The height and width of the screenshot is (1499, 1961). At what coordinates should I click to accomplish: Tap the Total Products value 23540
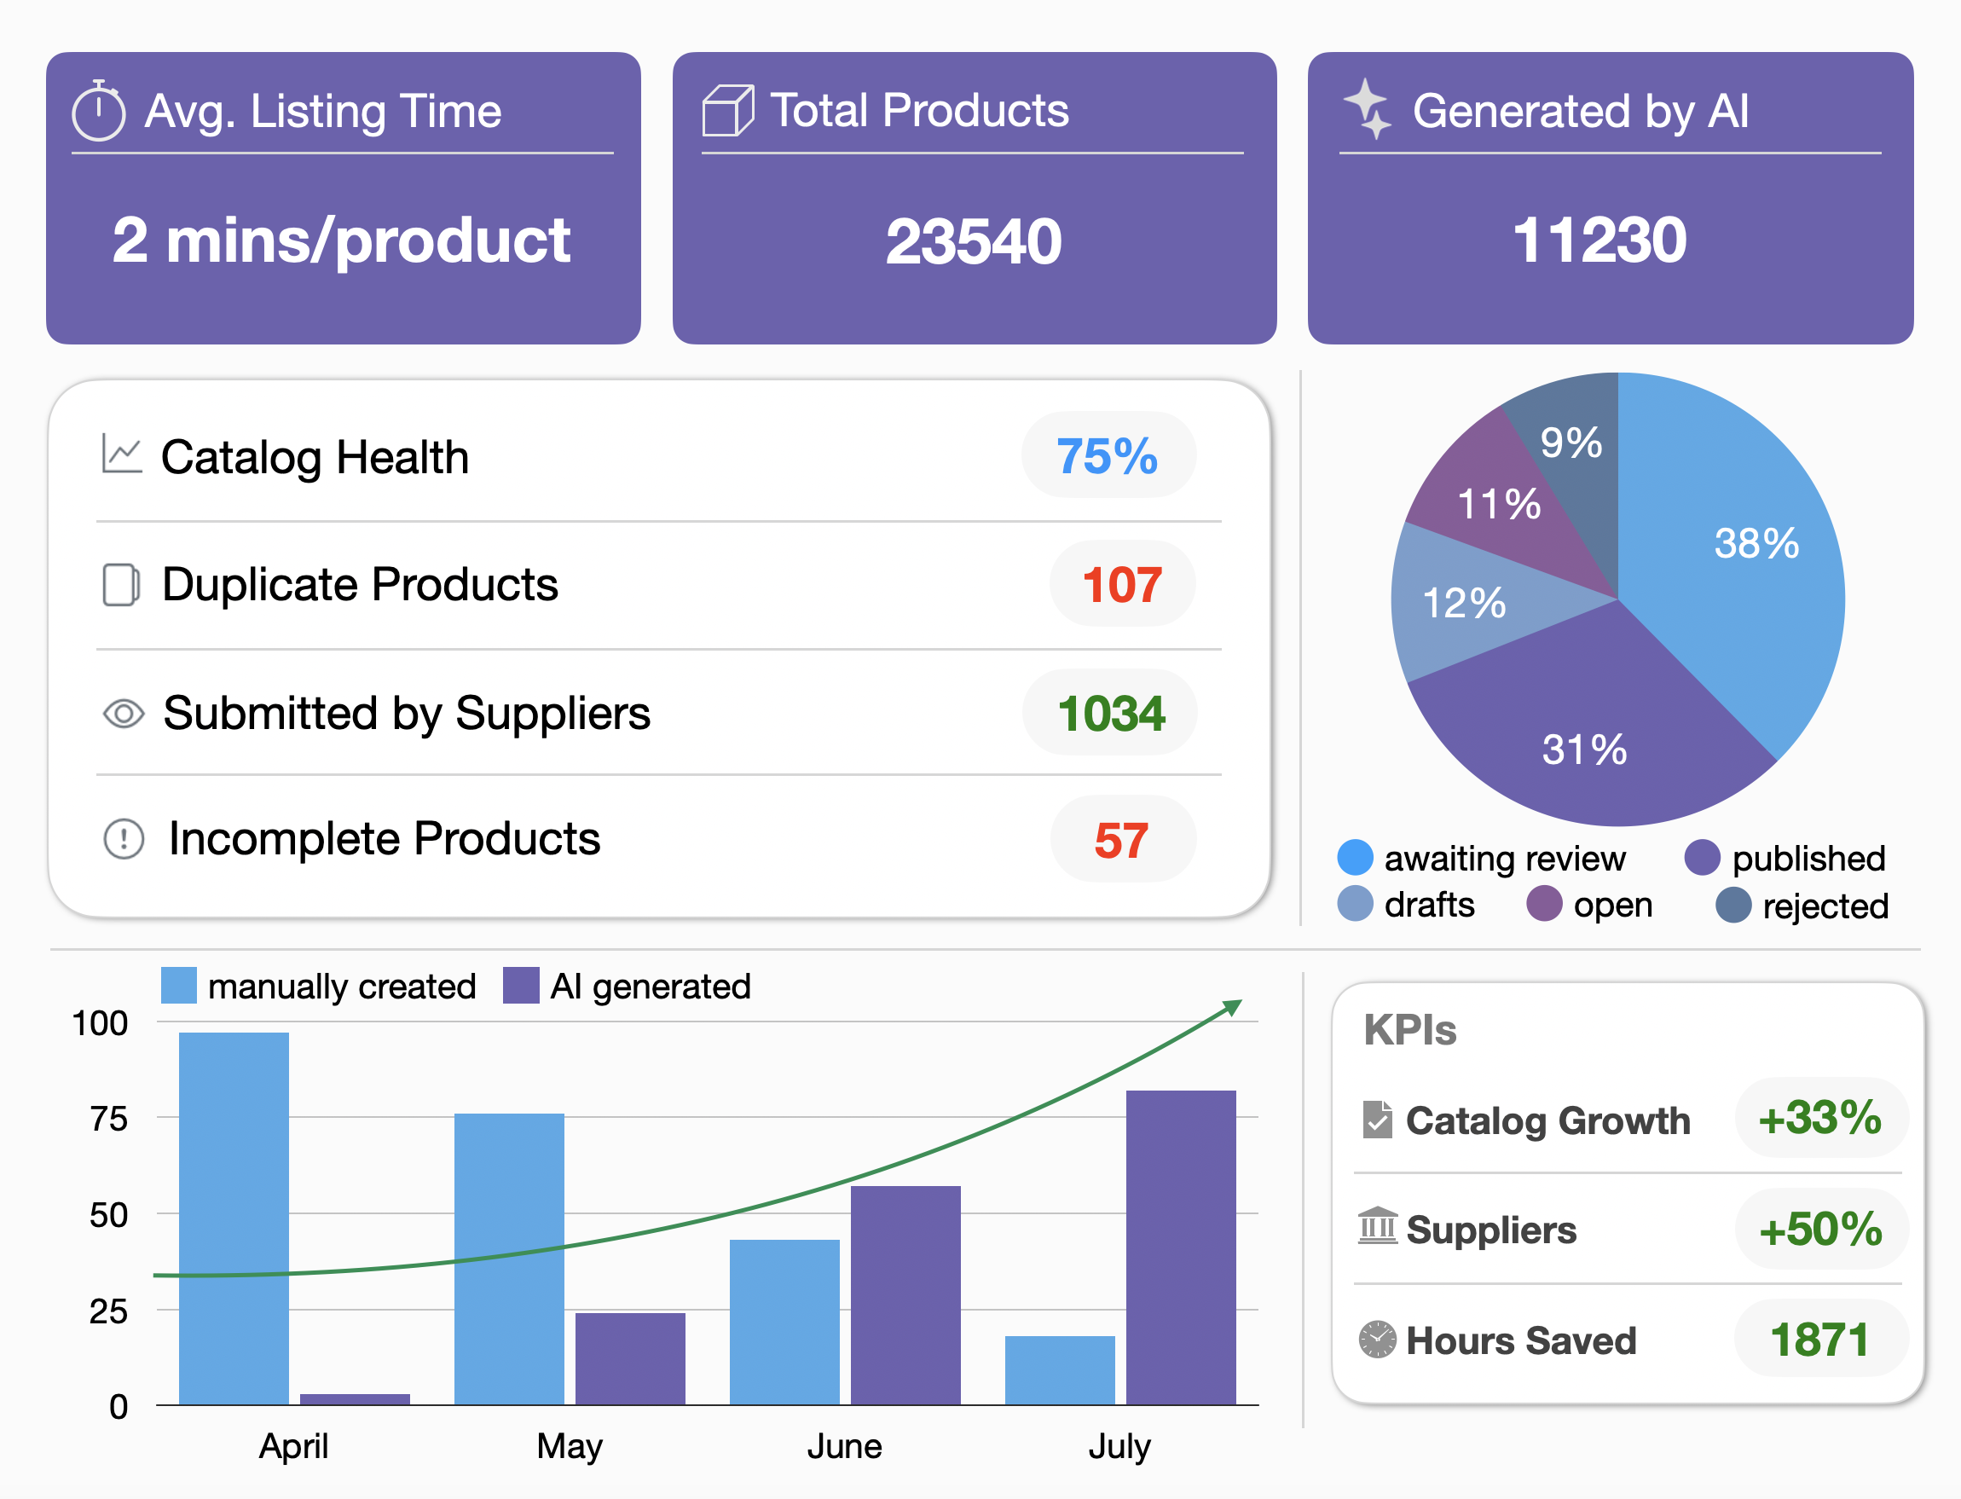pyautogui.click(x=974, y=242)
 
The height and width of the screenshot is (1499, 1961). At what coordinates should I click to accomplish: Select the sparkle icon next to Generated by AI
pyautogui.click(x=1367, y=109)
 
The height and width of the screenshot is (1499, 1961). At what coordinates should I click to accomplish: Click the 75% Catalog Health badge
pyautogui.click(x=1108, y=456)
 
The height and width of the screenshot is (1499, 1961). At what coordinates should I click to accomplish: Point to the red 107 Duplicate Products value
pyautogui.click(x=1121, y=584)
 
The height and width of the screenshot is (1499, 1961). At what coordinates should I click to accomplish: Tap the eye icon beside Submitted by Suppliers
pyautogui.click(x=123, y=713)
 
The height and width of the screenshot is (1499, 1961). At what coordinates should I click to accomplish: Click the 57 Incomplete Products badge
pyautogui.click(x=1121, y=840)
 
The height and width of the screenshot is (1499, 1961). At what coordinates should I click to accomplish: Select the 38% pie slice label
pyautogui.click(x=1756, y=543)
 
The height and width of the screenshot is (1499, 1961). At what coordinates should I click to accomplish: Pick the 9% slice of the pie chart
pyautogui.click(x=1571, y=443)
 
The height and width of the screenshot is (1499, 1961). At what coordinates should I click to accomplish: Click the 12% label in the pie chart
pyautogui.click(x=1463, y=603)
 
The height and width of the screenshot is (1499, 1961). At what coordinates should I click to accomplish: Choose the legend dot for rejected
pyautogui.click(x=1733, y=905)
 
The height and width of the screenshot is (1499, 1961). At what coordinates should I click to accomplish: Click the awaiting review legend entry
pyautogui.click(x=1481, y=859)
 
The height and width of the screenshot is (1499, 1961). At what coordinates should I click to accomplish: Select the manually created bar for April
pyautogui.click(x=234, y=1218)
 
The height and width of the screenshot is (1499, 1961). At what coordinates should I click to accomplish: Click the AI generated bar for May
pyautogui.click(x=630, y=1358)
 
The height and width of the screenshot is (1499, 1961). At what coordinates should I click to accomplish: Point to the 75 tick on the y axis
pyautogui.click(x=109, y=1119)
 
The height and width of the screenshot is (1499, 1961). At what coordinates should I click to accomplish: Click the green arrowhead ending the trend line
pyautogui.click(x=1232, y=1007)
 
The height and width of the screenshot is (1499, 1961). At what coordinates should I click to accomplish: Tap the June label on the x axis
pyautogui.click(x=844, y=1445)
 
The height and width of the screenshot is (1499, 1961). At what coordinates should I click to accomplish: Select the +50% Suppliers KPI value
pyautogui.click(x=1820, y=1230)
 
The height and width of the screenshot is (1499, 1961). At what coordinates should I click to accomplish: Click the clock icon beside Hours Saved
pyautogui.click(x=1377, y=1340)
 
